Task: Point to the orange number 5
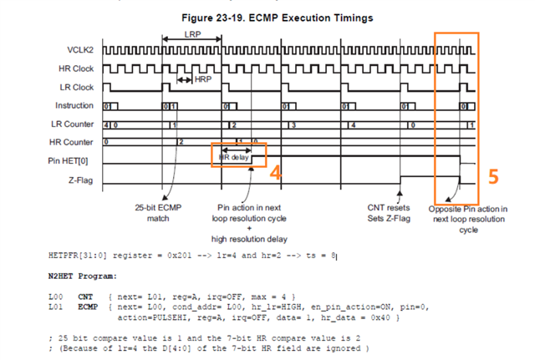pos(494,176)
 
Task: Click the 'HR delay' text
pos(236,156)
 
